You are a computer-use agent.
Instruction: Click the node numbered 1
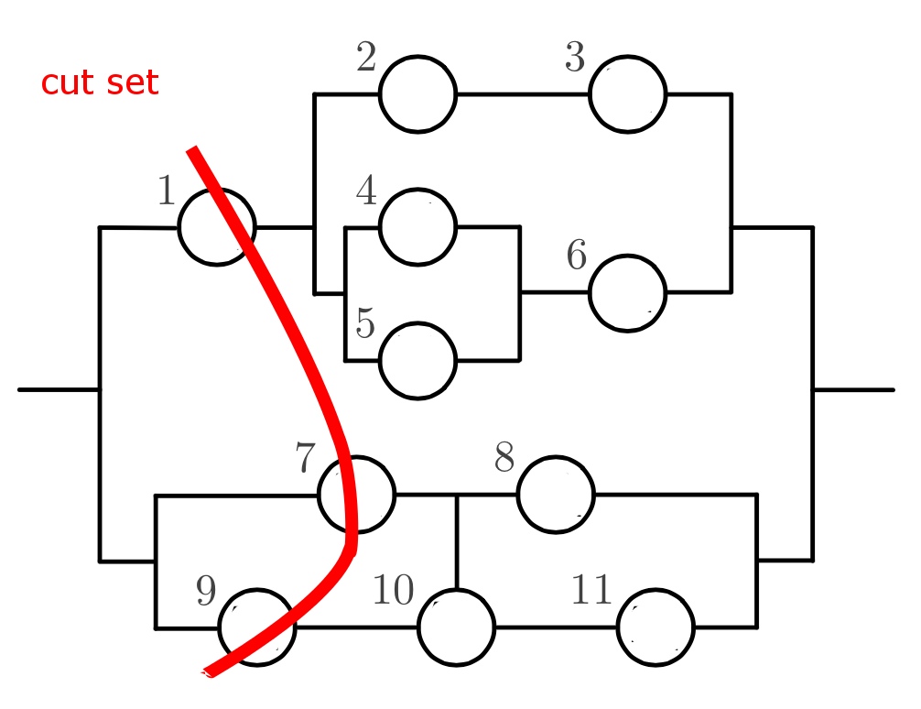[217, 227]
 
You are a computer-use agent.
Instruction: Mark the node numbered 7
[357, 495]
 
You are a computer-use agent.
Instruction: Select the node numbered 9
[257, 627]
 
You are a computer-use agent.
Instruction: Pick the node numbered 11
[656, 627]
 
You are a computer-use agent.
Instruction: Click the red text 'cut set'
[100, 83]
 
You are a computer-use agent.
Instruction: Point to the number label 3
[574, 59]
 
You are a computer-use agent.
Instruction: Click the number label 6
[576, 256]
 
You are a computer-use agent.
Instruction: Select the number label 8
[504, 458]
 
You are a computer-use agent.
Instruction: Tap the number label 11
[591, 591]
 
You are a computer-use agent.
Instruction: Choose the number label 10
[393, 592]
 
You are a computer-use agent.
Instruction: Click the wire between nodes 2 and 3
[522, 94]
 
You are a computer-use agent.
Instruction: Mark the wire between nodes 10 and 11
[556, 627]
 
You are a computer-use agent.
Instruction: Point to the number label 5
[365, 324]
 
